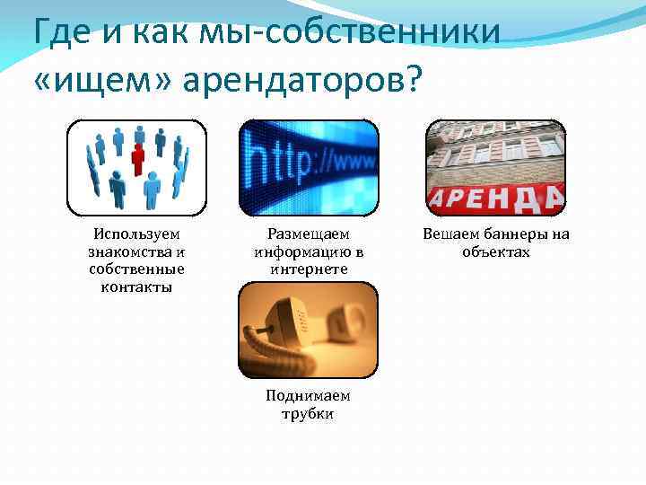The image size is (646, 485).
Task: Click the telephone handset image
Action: point(308,330)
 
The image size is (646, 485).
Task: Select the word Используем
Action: point(136,234)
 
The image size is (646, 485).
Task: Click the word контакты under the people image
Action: point(136,287)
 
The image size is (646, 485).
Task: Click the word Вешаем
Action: point(449,234)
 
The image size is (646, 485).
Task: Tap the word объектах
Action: point(496,252)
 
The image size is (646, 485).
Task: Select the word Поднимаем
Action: point(308,396)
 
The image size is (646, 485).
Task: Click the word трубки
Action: point(308,414)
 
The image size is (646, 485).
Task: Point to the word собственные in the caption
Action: point(136,269)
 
